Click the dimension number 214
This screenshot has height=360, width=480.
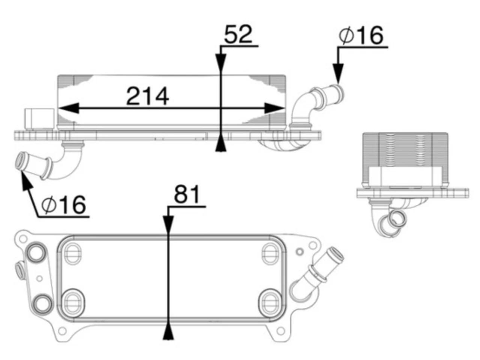pos(148,96)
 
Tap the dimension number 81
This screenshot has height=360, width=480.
pos(187,194)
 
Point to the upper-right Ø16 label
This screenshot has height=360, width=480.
pos(361,35)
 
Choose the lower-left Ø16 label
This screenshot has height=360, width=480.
pos(64,205)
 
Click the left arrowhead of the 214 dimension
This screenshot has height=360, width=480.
pos(69,108)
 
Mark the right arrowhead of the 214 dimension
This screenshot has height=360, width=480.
pos(274,108)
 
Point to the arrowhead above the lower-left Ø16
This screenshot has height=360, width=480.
pos(26,182)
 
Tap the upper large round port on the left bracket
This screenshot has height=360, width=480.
pos(36,252)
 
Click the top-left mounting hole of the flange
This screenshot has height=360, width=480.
pos(22,239)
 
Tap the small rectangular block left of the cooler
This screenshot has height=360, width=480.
pos(40,119)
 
